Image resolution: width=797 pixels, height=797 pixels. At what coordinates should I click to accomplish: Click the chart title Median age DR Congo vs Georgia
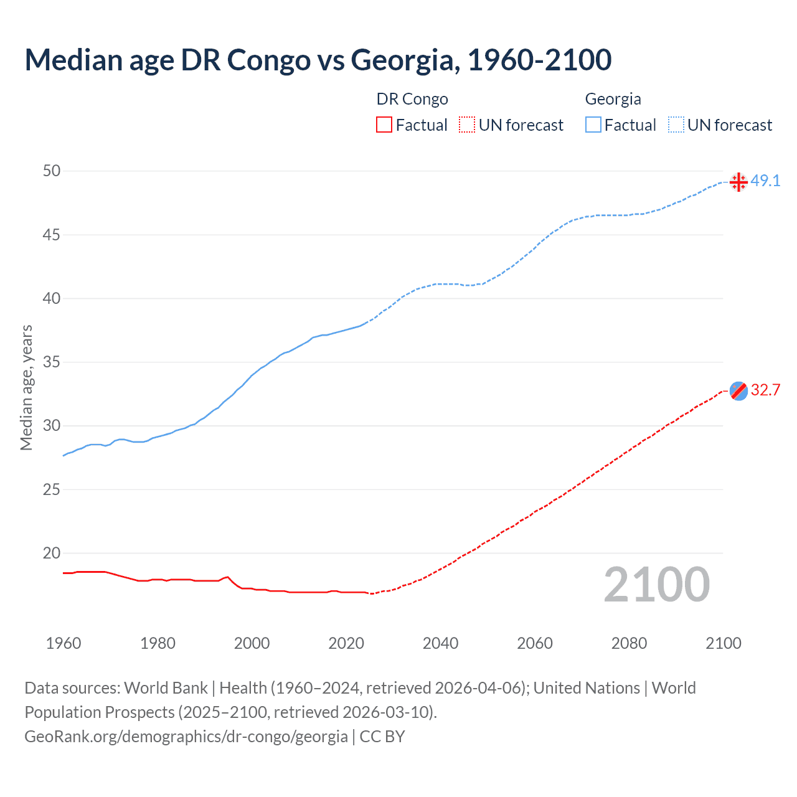coord(318,60)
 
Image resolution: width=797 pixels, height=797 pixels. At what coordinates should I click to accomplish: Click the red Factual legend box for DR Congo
coord(384,125)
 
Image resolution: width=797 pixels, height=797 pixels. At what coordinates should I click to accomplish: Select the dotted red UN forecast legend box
coord(467,125)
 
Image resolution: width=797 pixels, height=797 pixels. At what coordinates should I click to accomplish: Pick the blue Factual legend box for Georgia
coord(593,125)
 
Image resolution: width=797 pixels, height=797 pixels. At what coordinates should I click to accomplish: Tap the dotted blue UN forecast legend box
coord(676,125)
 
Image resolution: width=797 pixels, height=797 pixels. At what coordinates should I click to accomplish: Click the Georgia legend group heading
coord(613,99)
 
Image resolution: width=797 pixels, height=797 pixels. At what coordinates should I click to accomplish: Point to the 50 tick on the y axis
coord(52,171)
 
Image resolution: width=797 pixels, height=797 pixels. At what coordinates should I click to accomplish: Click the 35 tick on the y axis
coord(52,362)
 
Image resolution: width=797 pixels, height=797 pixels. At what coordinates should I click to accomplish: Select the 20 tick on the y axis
coord(52,553)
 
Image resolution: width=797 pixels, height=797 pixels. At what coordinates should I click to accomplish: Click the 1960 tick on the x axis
coord(64,643)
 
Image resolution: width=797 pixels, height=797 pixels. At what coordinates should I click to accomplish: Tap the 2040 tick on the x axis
coord(440,643)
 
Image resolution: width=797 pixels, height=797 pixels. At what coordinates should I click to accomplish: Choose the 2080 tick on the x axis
coord(629,643)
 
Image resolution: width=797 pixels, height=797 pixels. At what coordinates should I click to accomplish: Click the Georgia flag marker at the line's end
coord(738,182)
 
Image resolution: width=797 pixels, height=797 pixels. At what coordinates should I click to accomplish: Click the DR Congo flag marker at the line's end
coord(738,391)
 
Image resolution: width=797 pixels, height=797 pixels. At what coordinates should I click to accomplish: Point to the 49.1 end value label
coord(765,181)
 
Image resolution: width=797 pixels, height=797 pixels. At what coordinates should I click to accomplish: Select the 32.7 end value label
coord(765,390)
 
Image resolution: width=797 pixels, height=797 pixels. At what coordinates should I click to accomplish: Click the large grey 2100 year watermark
coord(657,584)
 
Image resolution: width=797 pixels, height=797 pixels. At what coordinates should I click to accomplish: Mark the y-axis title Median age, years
coord(26,387)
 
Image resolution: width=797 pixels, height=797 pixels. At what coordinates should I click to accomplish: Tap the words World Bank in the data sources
coord(166,688)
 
